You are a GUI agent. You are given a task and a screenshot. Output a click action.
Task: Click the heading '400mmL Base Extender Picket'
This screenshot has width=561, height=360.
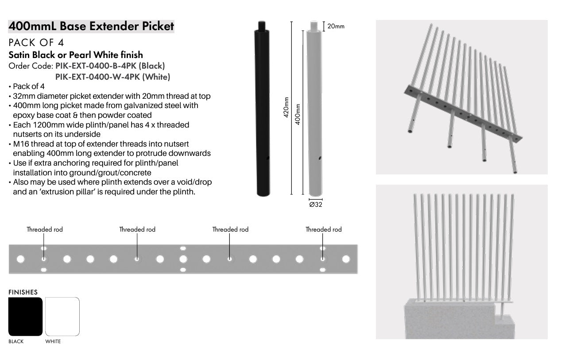[x=91, y=27]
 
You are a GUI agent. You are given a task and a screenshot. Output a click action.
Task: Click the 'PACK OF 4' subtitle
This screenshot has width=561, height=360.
[x=36, y=43]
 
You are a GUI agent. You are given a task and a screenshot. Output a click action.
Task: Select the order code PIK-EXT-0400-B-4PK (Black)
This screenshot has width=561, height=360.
[x=110, y=66]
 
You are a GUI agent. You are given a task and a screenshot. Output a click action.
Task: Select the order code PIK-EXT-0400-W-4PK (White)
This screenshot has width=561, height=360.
[x=112, y=77]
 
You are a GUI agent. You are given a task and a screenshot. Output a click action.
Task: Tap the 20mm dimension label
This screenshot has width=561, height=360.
[x=336, y=27]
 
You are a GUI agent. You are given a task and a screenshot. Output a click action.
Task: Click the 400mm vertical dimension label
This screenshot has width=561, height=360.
[x=298, y=114]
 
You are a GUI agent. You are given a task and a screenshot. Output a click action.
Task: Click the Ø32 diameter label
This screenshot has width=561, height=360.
[x=315, y=205]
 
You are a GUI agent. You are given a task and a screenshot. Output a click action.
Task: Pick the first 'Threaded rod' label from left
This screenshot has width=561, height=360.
[x=45, y=229]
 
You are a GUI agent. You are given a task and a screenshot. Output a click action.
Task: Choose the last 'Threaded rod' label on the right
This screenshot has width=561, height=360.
[x=324, y=229]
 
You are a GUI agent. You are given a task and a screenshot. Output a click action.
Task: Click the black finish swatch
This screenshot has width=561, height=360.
[x=25, y=317]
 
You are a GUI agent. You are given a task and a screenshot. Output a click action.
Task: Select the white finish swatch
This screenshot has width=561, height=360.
[x=62, y=317]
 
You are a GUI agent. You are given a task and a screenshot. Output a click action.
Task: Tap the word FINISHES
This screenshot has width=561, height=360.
[x=23, y=292]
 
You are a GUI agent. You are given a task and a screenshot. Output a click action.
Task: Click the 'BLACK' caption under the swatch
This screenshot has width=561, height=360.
[x=16, y=341]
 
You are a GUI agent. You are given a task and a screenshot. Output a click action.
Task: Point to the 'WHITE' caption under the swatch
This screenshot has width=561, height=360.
[x=53, y=341]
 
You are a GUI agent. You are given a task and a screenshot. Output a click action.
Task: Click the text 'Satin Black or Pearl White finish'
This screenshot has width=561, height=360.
[x=76, y=55]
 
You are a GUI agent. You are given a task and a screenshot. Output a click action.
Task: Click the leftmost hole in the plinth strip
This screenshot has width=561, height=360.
[x=20, y=259]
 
